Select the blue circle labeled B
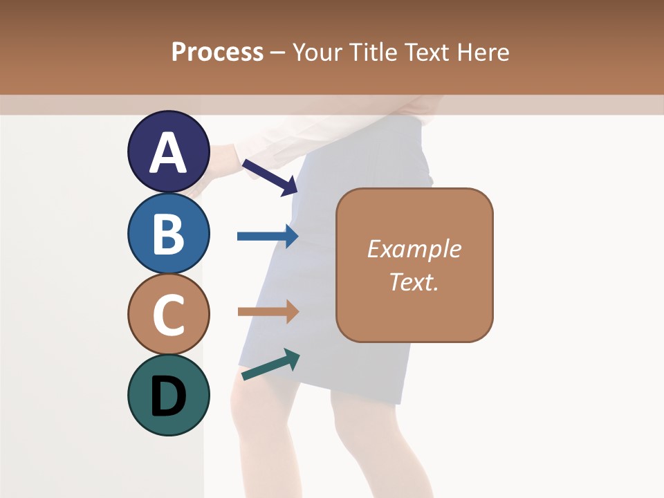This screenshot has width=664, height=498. (x=169, y=233)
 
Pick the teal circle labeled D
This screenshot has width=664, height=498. (x=169, y=395)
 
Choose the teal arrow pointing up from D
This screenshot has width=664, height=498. (x=270, y=365)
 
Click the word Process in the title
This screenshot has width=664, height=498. (x=217, y=52)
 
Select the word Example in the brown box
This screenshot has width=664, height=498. (x=414, y=249)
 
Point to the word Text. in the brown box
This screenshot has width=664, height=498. (x=414, y=282)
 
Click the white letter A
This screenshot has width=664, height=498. (x=169, y=154)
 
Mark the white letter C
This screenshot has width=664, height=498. (x=169, y=315)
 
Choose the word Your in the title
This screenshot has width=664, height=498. (x=320, y=52)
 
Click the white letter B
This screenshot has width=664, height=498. (x=169, y=234)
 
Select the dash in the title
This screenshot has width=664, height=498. (x=277, y=53)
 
